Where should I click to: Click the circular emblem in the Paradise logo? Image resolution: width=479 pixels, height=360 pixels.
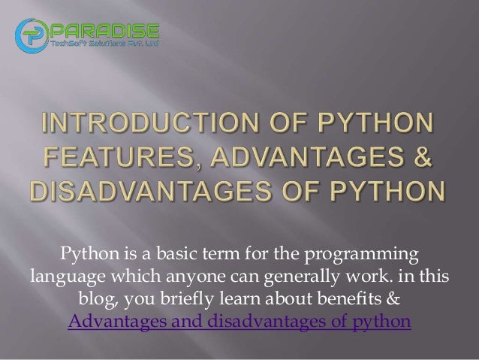tap(35, 34)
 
